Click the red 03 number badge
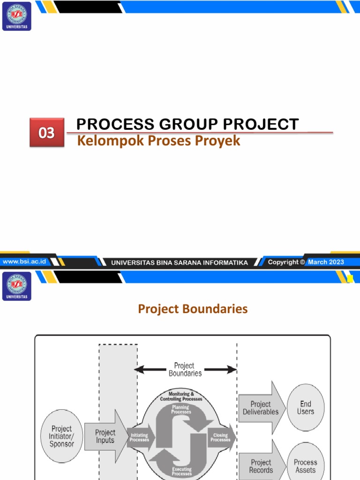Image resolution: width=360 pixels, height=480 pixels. click(46, 133)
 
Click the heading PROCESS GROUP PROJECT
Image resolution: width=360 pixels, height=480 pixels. click(187, 124)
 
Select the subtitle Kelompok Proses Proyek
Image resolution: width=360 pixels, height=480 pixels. click(158, 141)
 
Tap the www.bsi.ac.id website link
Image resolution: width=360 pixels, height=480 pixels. click(24, 262)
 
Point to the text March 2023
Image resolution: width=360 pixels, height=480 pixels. click(326, 262)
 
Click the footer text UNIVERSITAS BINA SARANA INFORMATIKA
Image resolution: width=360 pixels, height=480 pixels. click(180, 262)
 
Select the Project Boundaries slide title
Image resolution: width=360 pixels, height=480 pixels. click(193, 309)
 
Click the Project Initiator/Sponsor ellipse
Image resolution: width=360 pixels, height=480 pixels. click(61, 436)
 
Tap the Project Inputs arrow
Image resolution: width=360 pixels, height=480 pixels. click(105, 436)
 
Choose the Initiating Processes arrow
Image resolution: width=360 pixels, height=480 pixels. click(140, 437)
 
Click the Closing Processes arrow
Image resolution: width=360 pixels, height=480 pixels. click(221, 437)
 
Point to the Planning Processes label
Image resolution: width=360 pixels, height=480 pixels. click(180, 410)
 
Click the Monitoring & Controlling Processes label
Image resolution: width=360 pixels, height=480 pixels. click(181, 397)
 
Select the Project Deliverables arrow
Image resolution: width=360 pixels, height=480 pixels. click(261, 408)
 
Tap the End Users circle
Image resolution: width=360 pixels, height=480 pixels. click(306, 407)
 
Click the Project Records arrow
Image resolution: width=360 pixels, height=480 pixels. click(261, 465)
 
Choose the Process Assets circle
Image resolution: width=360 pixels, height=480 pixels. click(306, 465)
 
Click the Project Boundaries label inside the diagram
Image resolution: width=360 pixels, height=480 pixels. click(185, 369)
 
